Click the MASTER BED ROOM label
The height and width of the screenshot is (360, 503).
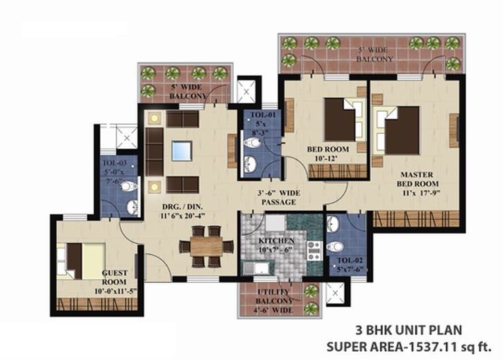coord(418,179)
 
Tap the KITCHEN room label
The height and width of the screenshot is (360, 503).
coord(276,241)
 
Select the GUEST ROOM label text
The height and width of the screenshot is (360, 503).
coord(114,277)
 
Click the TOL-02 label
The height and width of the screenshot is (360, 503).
coord(350,260)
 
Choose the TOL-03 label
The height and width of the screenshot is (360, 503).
coord(115,163)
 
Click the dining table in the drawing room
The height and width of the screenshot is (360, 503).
coord(206,246)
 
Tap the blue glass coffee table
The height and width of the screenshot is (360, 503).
coord(182,151)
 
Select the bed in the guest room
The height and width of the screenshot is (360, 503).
coord(81,262)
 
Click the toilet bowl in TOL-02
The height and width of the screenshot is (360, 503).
coord(335,247)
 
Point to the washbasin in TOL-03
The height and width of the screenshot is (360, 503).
coord(133,207)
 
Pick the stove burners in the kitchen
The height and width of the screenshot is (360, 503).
coord(314,250)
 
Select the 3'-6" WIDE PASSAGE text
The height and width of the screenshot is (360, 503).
coord(279,198)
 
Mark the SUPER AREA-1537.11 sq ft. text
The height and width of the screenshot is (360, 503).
coord(409,347)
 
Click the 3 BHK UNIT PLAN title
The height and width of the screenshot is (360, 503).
coord(409,330)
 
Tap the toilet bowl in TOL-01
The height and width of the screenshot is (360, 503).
coord(253,142)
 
